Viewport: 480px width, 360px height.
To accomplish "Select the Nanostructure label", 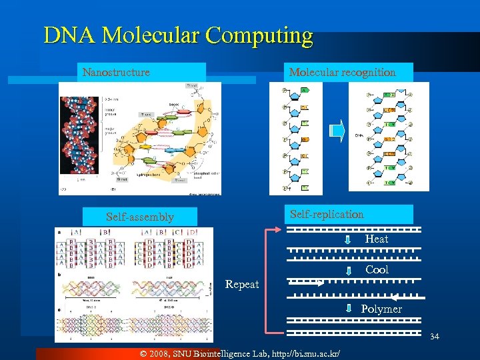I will [116, 72].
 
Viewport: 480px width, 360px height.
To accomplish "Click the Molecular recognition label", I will [342, 72].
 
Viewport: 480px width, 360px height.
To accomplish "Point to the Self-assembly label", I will [140, 217].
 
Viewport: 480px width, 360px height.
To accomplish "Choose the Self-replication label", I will [327, 214].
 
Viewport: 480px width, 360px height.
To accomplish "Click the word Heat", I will [376, 239].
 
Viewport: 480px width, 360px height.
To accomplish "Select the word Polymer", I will [381, 309].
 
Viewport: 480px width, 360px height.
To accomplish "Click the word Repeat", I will [241, 285].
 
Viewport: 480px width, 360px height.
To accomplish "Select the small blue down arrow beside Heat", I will [348, 239].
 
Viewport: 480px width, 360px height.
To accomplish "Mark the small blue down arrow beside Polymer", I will [348, 309].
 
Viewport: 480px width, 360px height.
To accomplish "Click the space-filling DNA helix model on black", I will [79, 137].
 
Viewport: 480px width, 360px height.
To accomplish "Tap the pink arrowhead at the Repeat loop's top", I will [280, 229].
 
